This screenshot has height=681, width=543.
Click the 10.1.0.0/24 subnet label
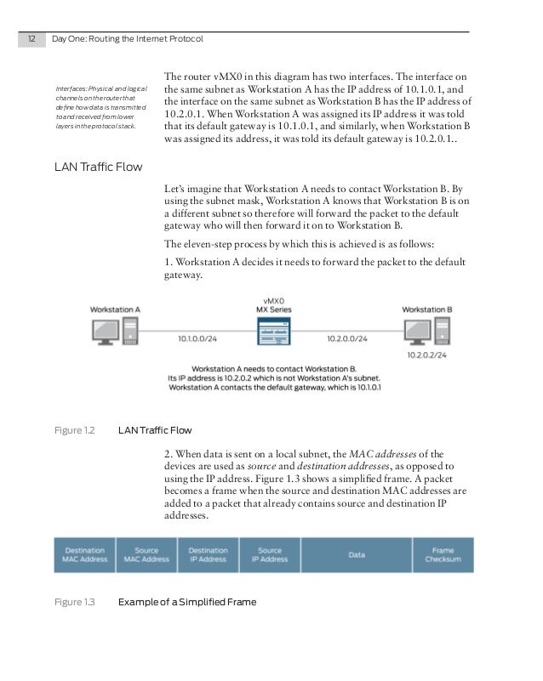pyautogui.click(x=198, y=338)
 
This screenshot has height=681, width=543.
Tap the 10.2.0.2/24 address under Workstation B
pyautogui.click(x=428, y=355)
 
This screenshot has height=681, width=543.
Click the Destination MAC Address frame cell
pyautogui.click(x=84, y=554)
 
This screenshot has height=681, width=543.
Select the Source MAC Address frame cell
pyautogui.click(x=146, y=554)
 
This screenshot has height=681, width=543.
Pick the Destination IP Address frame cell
pyautogui.click(x=208, y=554)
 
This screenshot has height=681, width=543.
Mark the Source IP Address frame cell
pyautogui.click(x=269, y=554)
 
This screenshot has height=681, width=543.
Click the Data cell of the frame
pyautogui.click(x=357, y=554)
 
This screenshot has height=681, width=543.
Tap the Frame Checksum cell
pyautogui.click(x=443, y=554)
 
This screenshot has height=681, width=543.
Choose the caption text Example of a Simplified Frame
pyautogui.click(x=186, y=602)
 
